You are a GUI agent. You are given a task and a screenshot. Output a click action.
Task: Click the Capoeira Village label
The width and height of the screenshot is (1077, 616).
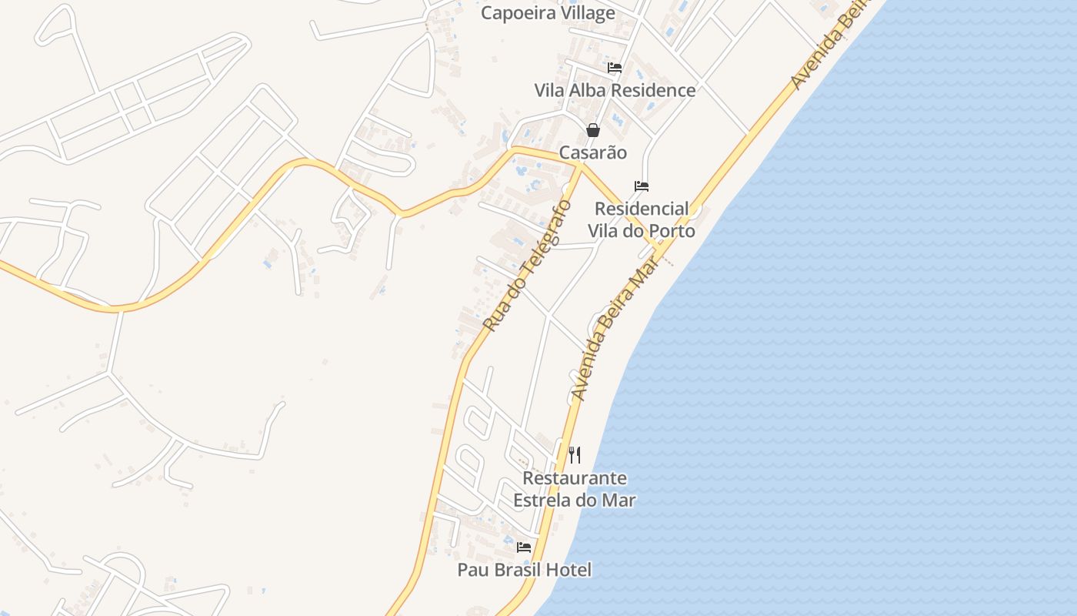548,13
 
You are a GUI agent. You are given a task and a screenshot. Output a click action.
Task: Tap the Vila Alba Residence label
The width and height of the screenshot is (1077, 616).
615,90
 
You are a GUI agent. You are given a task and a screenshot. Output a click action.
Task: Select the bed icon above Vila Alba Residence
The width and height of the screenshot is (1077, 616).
615,68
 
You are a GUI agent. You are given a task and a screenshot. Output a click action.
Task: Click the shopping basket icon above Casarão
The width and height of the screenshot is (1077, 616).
593,130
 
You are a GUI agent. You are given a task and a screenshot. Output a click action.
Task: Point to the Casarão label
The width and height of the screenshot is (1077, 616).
592,152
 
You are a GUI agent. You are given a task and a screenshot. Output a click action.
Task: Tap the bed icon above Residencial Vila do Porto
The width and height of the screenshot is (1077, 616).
642,186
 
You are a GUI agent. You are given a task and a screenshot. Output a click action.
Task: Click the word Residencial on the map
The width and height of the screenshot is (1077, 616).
642,209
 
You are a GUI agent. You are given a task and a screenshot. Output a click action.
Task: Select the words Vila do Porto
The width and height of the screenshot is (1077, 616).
642,231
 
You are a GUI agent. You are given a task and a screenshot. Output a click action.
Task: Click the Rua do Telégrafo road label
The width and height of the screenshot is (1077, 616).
527,266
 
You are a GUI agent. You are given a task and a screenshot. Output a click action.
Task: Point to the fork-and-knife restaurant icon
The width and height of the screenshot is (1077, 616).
575,455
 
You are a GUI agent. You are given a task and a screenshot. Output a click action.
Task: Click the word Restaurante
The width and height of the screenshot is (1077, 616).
575,478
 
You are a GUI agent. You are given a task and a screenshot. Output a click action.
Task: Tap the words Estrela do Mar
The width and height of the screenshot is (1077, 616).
575,500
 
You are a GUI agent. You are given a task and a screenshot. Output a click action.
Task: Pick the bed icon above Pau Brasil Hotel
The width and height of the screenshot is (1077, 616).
524,547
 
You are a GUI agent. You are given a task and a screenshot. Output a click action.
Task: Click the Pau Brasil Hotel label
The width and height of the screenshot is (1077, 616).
525,570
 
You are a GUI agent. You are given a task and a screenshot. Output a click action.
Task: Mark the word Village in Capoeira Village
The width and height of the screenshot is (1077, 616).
586,13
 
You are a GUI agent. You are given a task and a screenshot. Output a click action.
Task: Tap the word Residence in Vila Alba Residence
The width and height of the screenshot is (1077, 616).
657,90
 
